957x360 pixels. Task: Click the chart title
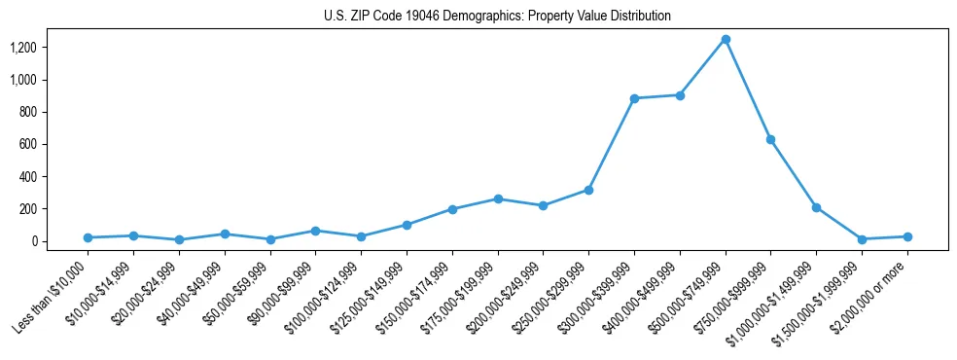497,17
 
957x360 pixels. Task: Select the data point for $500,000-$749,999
726,39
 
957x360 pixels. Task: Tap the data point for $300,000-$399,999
634,98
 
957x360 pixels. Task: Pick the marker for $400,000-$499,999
680,95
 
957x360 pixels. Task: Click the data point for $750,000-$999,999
770,139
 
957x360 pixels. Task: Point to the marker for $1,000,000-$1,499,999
816,207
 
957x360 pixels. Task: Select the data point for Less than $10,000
88,237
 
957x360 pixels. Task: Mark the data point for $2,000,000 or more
907,236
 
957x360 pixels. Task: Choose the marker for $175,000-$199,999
498,198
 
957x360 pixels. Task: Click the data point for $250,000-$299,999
588,190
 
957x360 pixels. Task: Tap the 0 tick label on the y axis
34,241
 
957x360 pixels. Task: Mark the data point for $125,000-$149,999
407,225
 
